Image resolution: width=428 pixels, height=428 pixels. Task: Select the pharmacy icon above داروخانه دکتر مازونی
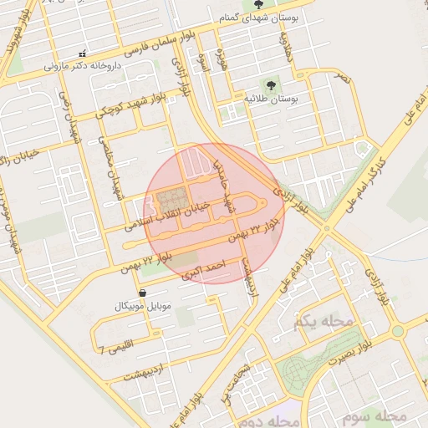[81, 53]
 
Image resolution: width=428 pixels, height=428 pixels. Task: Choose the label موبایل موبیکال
[143, 307]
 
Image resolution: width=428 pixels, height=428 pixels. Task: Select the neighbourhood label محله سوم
[380, 415]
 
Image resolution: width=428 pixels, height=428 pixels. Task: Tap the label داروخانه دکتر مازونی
[82, 64]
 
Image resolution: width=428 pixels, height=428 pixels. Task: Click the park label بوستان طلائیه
[271, 98]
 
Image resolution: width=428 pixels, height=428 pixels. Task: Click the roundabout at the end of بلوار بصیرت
[397, 331]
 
